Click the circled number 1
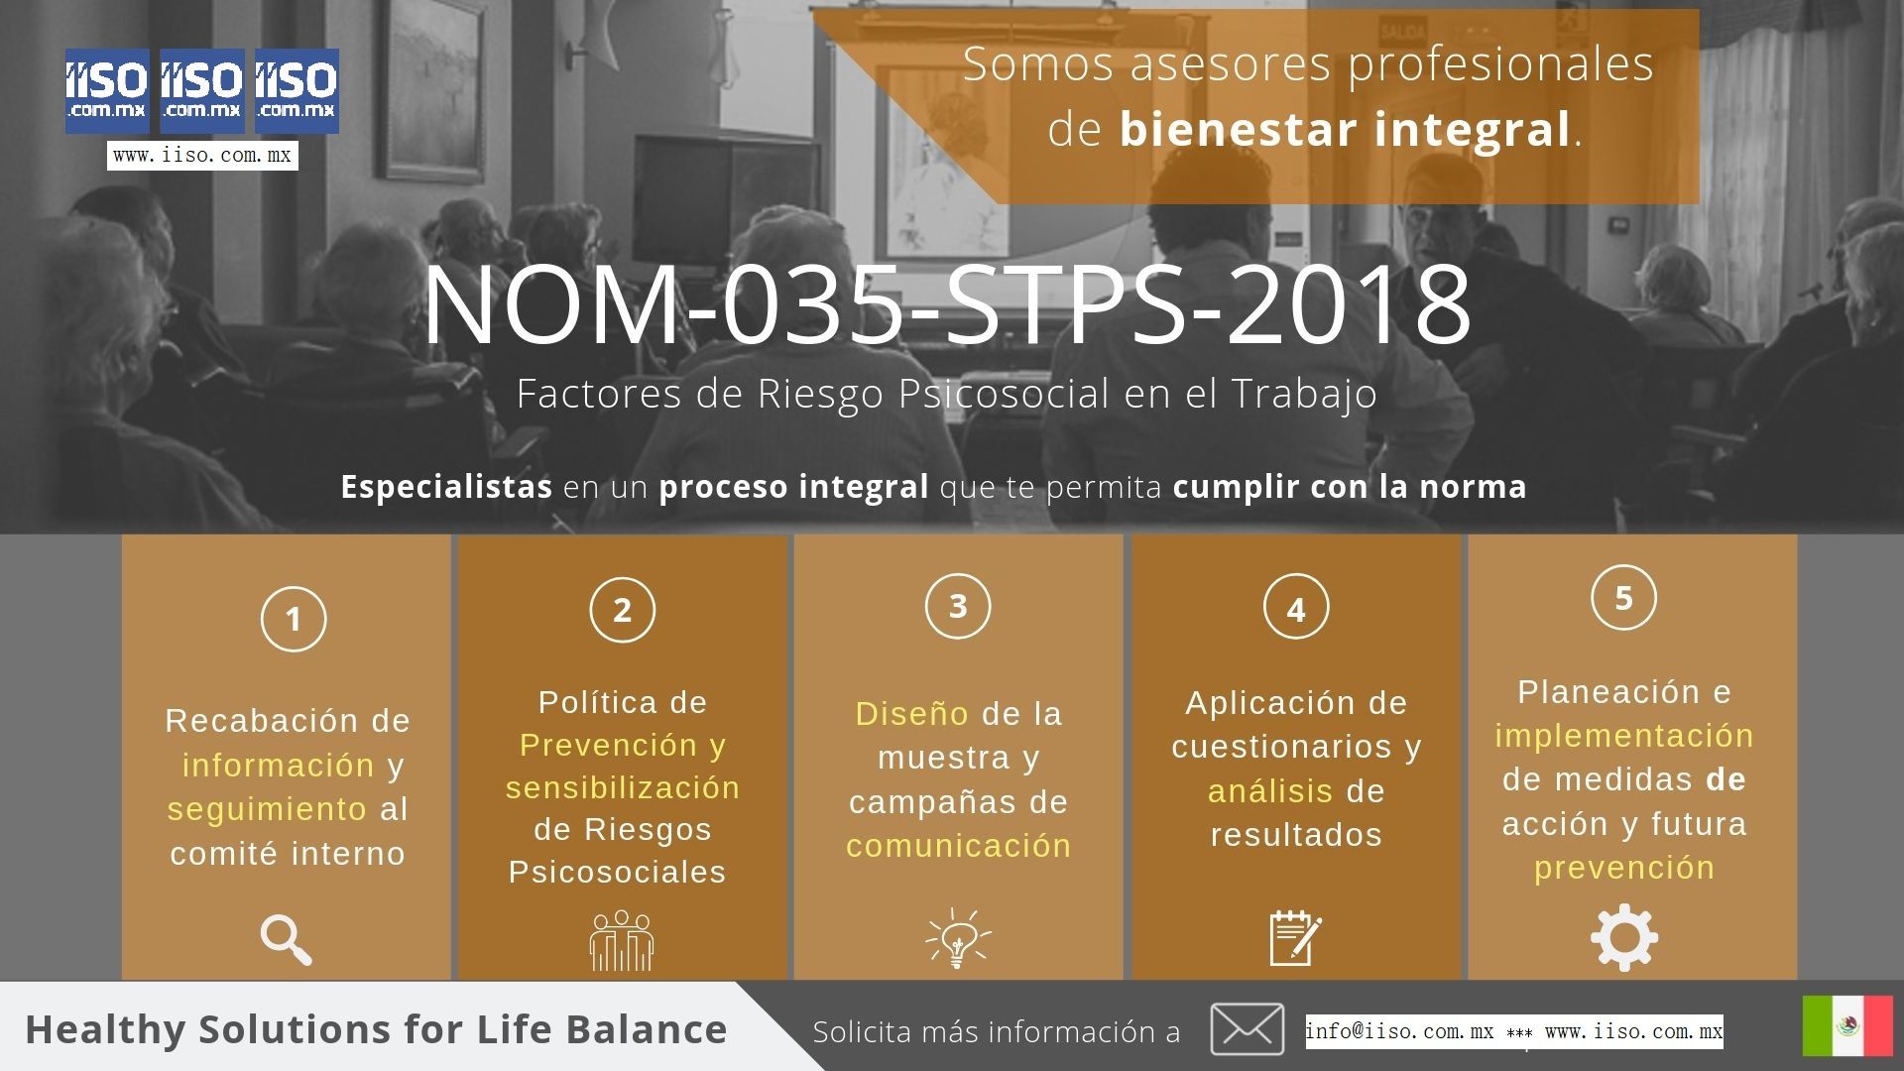point(294,619)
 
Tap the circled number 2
point(622,610)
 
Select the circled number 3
point(958,606)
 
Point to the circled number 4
point(1296,609)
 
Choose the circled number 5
point(1623,598)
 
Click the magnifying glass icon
point(286,940)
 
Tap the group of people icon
point(622,940)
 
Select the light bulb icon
point(958,937)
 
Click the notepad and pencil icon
point(1295,937)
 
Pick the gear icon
point(1623,937)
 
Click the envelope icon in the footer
point(1247,1028)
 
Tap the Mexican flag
point(1847,1025)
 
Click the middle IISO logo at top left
point(202,90)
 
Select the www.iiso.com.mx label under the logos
point(202,156)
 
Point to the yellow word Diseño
point(911,714)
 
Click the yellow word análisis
point(1270,791)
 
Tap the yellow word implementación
point(1624,736)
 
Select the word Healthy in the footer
point(105,1029)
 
